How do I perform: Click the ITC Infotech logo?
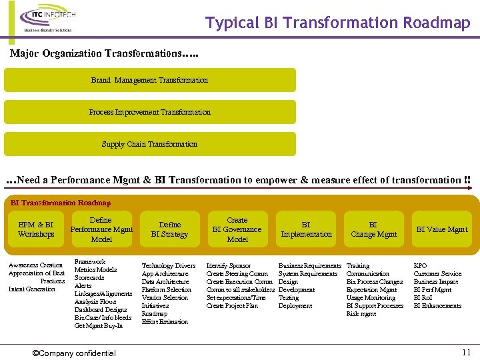click(x=47, y=20)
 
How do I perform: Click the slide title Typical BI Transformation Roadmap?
click(x=338, y=23)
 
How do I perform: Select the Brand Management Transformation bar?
click(x=150, y=80)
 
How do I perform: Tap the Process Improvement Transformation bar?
click(x=150, y=112)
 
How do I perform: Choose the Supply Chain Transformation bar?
click(x=150, y=144)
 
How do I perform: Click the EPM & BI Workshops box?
click(x=36, y=229)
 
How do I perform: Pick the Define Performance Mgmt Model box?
click(x=101, y=229)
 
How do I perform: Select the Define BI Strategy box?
click(x=169, y=229)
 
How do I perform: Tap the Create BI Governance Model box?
click(x=237, y=229)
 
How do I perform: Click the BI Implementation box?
click(x=306, y=229)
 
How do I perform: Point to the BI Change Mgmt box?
click(x=373, y=229)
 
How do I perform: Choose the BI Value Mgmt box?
click(x=441, y=229)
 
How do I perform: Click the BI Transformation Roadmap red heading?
click(x=61, y=203)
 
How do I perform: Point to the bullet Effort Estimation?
click(x=165, y=322)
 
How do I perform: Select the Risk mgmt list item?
click(x=361, y=314)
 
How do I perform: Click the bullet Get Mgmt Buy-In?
click(x=99, y=326)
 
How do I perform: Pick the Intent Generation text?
click(x=32, y=289)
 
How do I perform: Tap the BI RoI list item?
click(x=423, y=298)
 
